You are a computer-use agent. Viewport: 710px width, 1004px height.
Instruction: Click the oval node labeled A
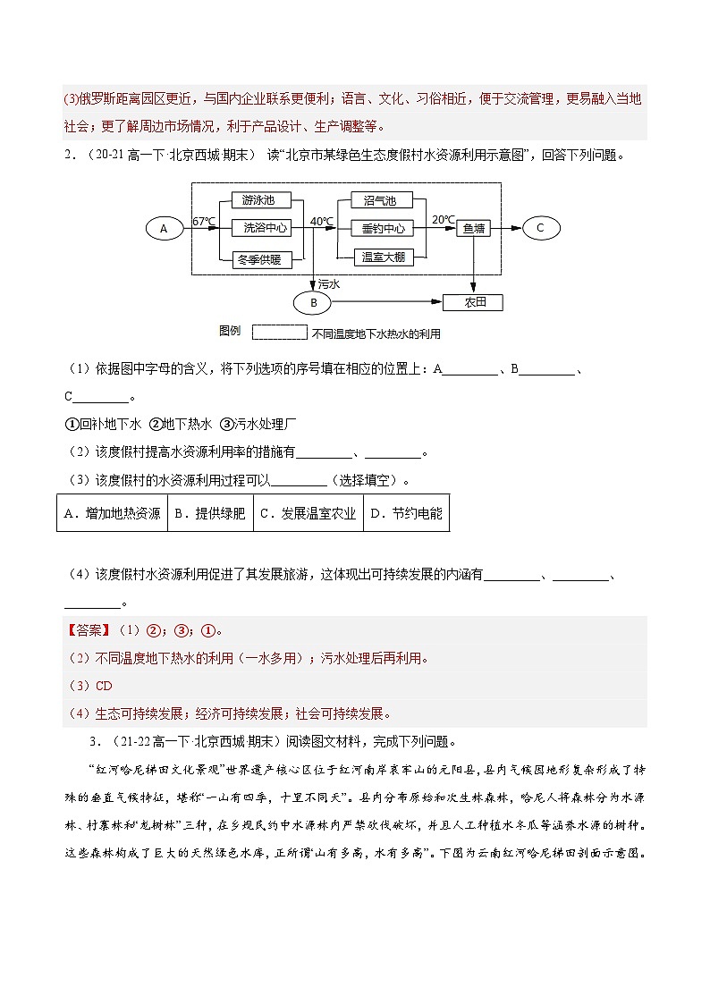pyautogui.click(x=164, y=229)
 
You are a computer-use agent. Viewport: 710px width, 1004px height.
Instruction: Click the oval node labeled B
pyautogui.click(x=314, y=303)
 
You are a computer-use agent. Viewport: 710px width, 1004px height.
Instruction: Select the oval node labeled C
pyautogui.click(x=540, y=228)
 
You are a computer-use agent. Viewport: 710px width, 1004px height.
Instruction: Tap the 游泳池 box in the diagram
pyautogui.click(x=259, y=200)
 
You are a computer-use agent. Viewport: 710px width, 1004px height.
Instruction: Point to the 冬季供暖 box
pyautogui.click(x=259, y=259)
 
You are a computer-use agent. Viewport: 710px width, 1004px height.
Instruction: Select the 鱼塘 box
pyautogui.click(x=474, y=229)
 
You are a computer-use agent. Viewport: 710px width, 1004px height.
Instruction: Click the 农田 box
pyautogui.click(x=473, y=302)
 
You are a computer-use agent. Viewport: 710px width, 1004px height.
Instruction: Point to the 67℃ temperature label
pyautogui.click(x=204, y=221)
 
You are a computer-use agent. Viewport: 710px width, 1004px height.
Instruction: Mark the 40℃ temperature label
pyautogui.click(x=321, y=221)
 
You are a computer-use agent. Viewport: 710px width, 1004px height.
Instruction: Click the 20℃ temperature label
pyautogui.click(x=443, y=219)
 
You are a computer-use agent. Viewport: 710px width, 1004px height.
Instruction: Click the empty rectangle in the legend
pyautogui.click(x=280, y=333)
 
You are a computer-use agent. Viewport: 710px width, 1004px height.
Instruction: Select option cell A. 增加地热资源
pyautogui.click(x=112, y=513)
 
